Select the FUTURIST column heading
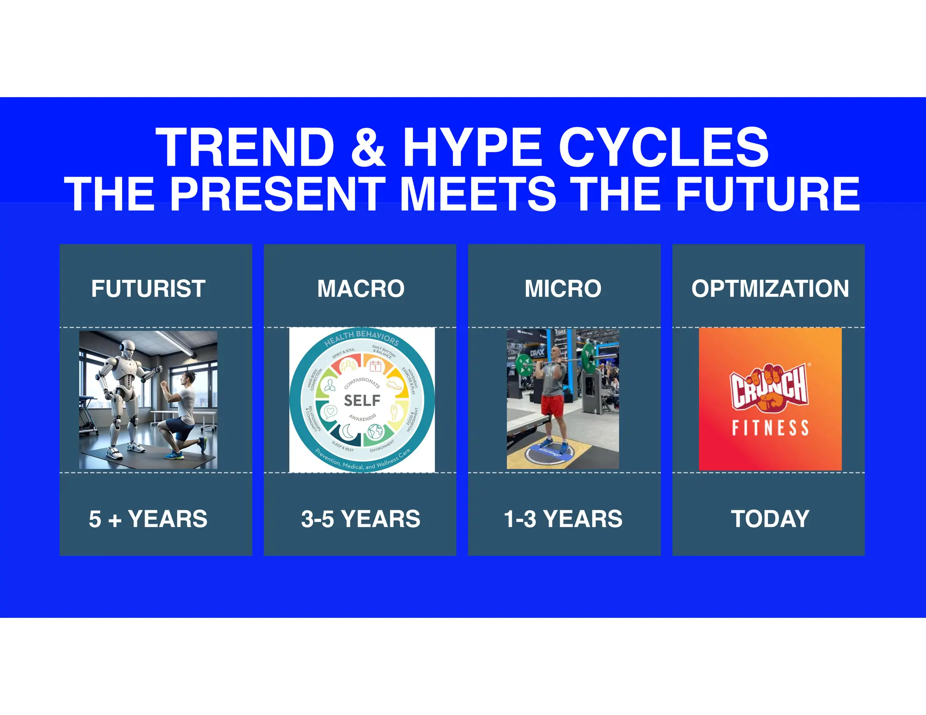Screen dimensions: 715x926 [x=148, y=288]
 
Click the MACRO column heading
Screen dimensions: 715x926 [x=360, y=288]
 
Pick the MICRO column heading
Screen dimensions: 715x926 [x=563, y=288]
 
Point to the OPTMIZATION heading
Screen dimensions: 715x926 [x=770, y=288]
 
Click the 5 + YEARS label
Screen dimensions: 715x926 [x=148, y=519]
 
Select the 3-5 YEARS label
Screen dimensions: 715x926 [x=360, y=519]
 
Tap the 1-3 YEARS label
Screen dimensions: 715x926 [x=563, y=519]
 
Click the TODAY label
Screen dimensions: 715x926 [x=770, y=519]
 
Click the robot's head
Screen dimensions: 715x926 [x=128, y=350]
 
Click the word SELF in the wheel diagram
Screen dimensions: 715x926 [x=362, y=400]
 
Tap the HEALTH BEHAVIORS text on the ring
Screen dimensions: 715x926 [x=361, y=337]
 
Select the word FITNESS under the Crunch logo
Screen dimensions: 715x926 [x=770, y=428]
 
